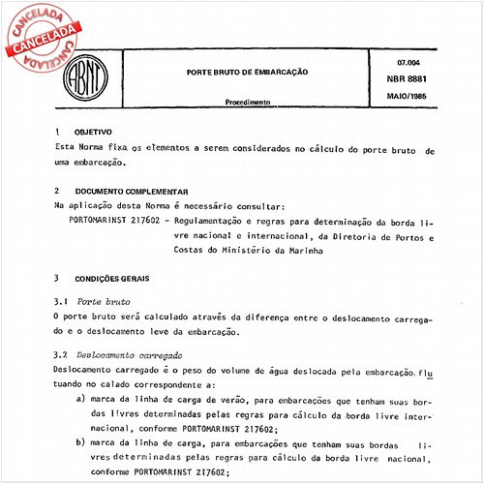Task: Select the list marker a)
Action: coord(81,398)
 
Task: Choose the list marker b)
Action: coord(81,441)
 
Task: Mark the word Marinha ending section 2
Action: coord(301,251)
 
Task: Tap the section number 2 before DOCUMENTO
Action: coord(57,192)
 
